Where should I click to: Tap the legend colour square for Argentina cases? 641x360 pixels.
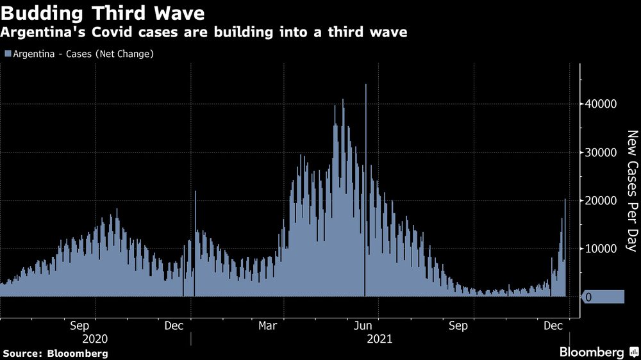pyautogui.click(x=7, y=54)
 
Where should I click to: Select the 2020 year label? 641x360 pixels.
pyautogui.click(x=94, y=338)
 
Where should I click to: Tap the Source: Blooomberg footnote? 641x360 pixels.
pyautogui.click(x=54, y=354)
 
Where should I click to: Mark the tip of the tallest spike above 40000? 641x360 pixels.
pyautogui.click(x=365, y=85)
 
